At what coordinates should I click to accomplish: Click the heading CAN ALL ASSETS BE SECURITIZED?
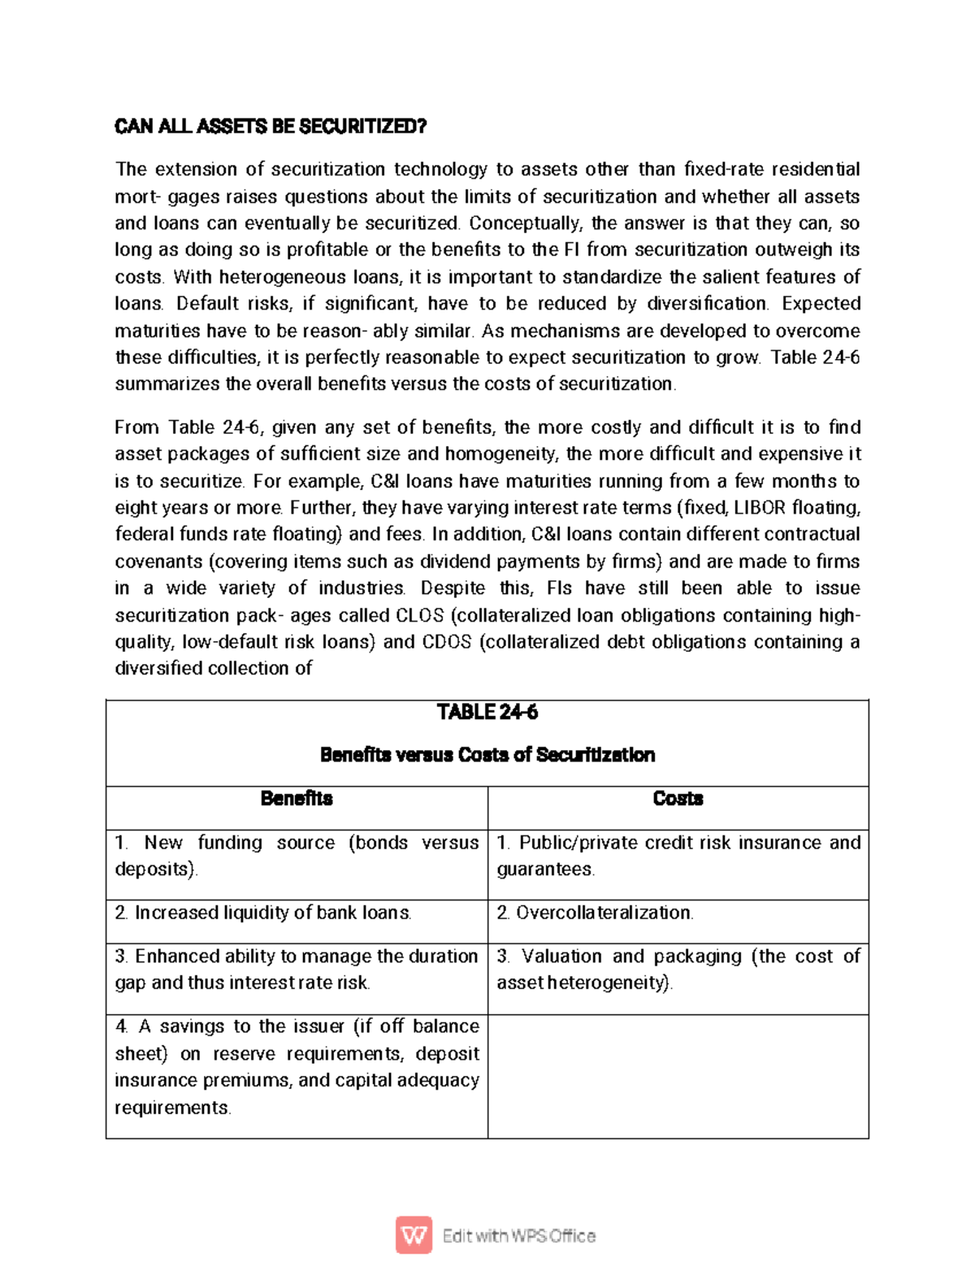coord(270,127)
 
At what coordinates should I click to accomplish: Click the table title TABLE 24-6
coord(487,713)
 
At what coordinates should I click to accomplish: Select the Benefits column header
coord(297,799)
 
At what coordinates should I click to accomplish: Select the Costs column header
coord(678,799)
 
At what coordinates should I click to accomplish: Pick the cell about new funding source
coord(297,856)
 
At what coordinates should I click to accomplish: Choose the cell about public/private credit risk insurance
coord(678,856)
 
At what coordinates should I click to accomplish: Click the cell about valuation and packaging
coord(678,969)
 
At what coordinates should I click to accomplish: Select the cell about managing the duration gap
coord(297,969)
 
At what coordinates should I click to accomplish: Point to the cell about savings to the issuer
coord(297,1067)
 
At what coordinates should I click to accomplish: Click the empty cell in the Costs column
coord(678,1075)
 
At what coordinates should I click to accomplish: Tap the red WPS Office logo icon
coord(414,1235)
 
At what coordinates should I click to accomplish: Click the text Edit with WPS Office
coord(518,1236)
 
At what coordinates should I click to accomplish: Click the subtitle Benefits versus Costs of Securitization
coord(487,755)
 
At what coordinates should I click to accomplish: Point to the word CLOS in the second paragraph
coord(419,615)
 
